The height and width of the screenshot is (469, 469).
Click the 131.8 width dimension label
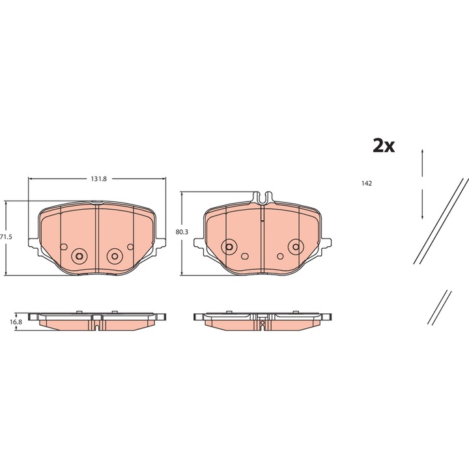coord(99,179)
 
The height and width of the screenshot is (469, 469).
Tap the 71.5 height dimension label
coord(6,237)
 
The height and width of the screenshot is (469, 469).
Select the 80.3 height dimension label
coord(182,232)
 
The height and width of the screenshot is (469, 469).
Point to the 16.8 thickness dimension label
coord(16,322)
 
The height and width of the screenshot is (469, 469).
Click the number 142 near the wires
coord(366,183)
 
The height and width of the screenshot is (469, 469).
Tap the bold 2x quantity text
coord(384,146)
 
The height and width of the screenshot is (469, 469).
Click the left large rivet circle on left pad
coord(79,257)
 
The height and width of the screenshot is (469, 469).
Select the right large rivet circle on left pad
coord(115,256)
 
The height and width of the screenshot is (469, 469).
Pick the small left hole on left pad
coord(64,247)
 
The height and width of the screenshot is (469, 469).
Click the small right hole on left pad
coord(130,247)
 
